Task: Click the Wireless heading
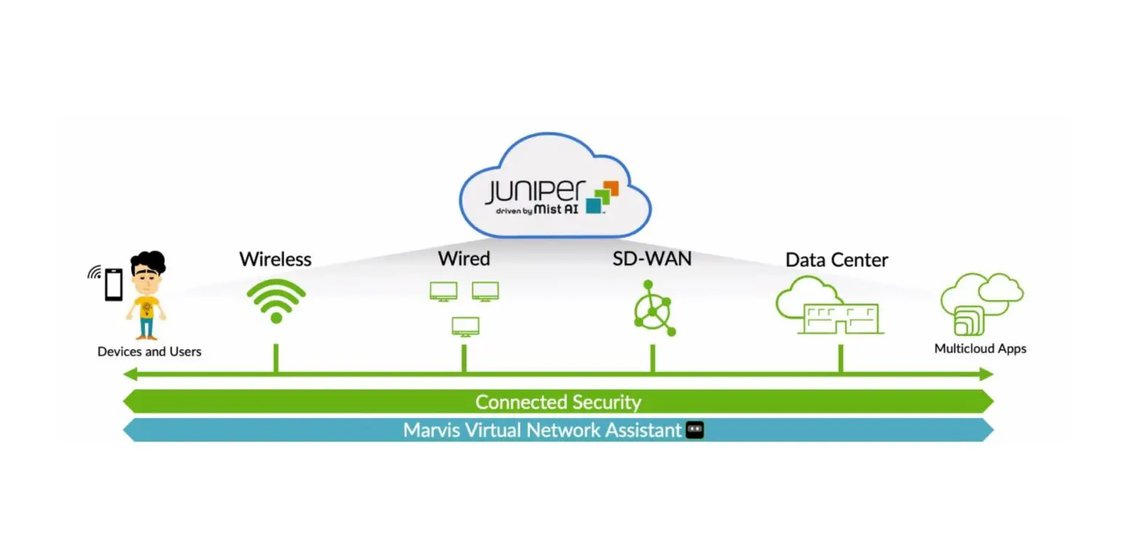pos(275,259)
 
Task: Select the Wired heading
pos(463,259)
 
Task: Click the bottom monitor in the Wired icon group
pos(465,326)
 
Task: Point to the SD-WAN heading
pos(651,259)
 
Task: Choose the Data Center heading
pos(836,260)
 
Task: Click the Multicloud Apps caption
pos(979,349)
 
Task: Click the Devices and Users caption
pos(149,352)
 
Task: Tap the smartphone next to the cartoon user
pos(113,284)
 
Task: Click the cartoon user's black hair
pos(149,262)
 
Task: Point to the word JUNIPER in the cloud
pos(534,192)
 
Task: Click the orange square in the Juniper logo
pos(610,188)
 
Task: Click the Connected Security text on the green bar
pos(558,402)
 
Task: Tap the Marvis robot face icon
pos(695,430)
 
